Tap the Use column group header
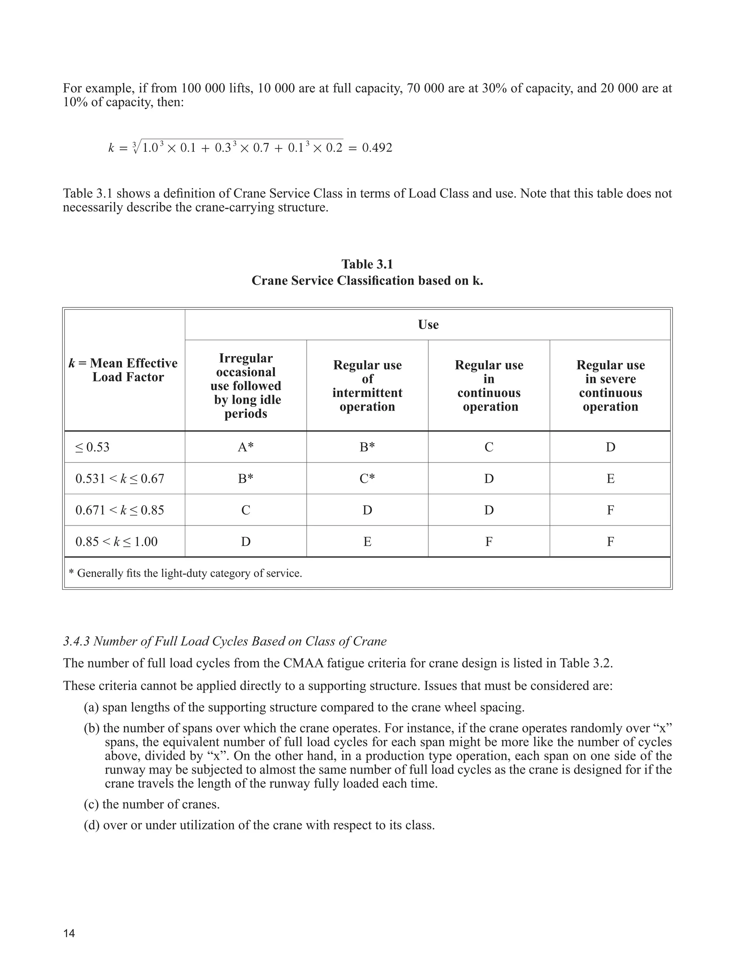(x=428, y=325)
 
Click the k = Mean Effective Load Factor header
(x=124, y=370)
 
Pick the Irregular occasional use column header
(x=245, y=386)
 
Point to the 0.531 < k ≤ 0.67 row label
(x=120, y=479)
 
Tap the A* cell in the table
(x=245, y=447)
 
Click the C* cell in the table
(x=367, y=479)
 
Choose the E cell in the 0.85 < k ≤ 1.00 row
(x=367, y=542)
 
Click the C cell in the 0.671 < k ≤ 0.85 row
(x=245, y=510)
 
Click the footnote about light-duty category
(x=185, y=573)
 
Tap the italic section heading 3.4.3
(x=225, y=641)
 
